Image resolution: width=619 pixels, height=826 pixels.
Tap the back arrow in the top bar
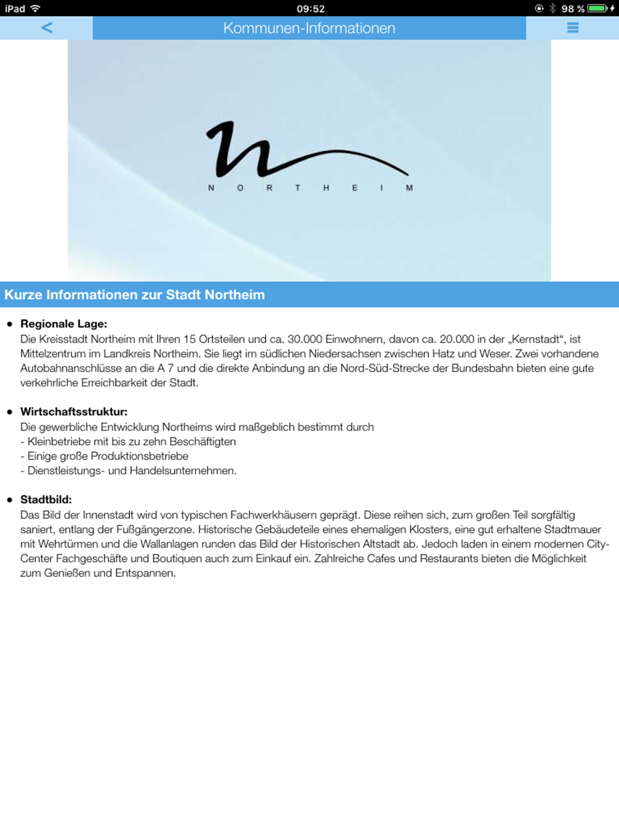47,28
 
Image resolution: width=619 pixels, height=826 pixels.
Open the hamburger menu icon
573,28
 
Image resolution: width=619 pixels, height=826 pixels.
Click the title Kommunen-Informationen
309,28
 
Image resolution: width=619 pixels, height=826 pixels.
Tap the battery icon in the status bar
597,9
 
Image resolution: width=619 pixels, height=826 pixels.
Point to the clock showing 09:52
310,9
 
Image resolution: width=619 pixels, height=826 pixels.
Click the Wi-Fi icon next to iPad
35,9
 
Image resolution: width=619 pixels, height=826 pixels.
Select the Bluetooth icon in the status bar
552,9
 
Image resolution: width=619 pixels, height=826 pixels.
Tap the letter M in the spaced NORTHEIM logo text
409,188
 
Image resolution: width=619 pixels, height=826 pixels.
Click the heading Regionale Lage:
64,324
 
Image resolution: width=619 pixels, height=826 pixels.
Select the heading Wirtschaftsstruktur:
74,412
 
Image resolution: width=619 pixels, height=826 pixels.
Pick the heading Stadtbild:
46,500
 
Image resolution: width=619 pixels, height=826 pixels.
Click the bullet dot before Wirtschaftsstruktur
9,412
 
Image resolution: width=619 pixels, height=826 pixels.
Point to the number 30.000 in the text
305,339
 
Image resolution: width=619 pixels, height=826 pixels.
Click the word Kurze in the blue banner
23,295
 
